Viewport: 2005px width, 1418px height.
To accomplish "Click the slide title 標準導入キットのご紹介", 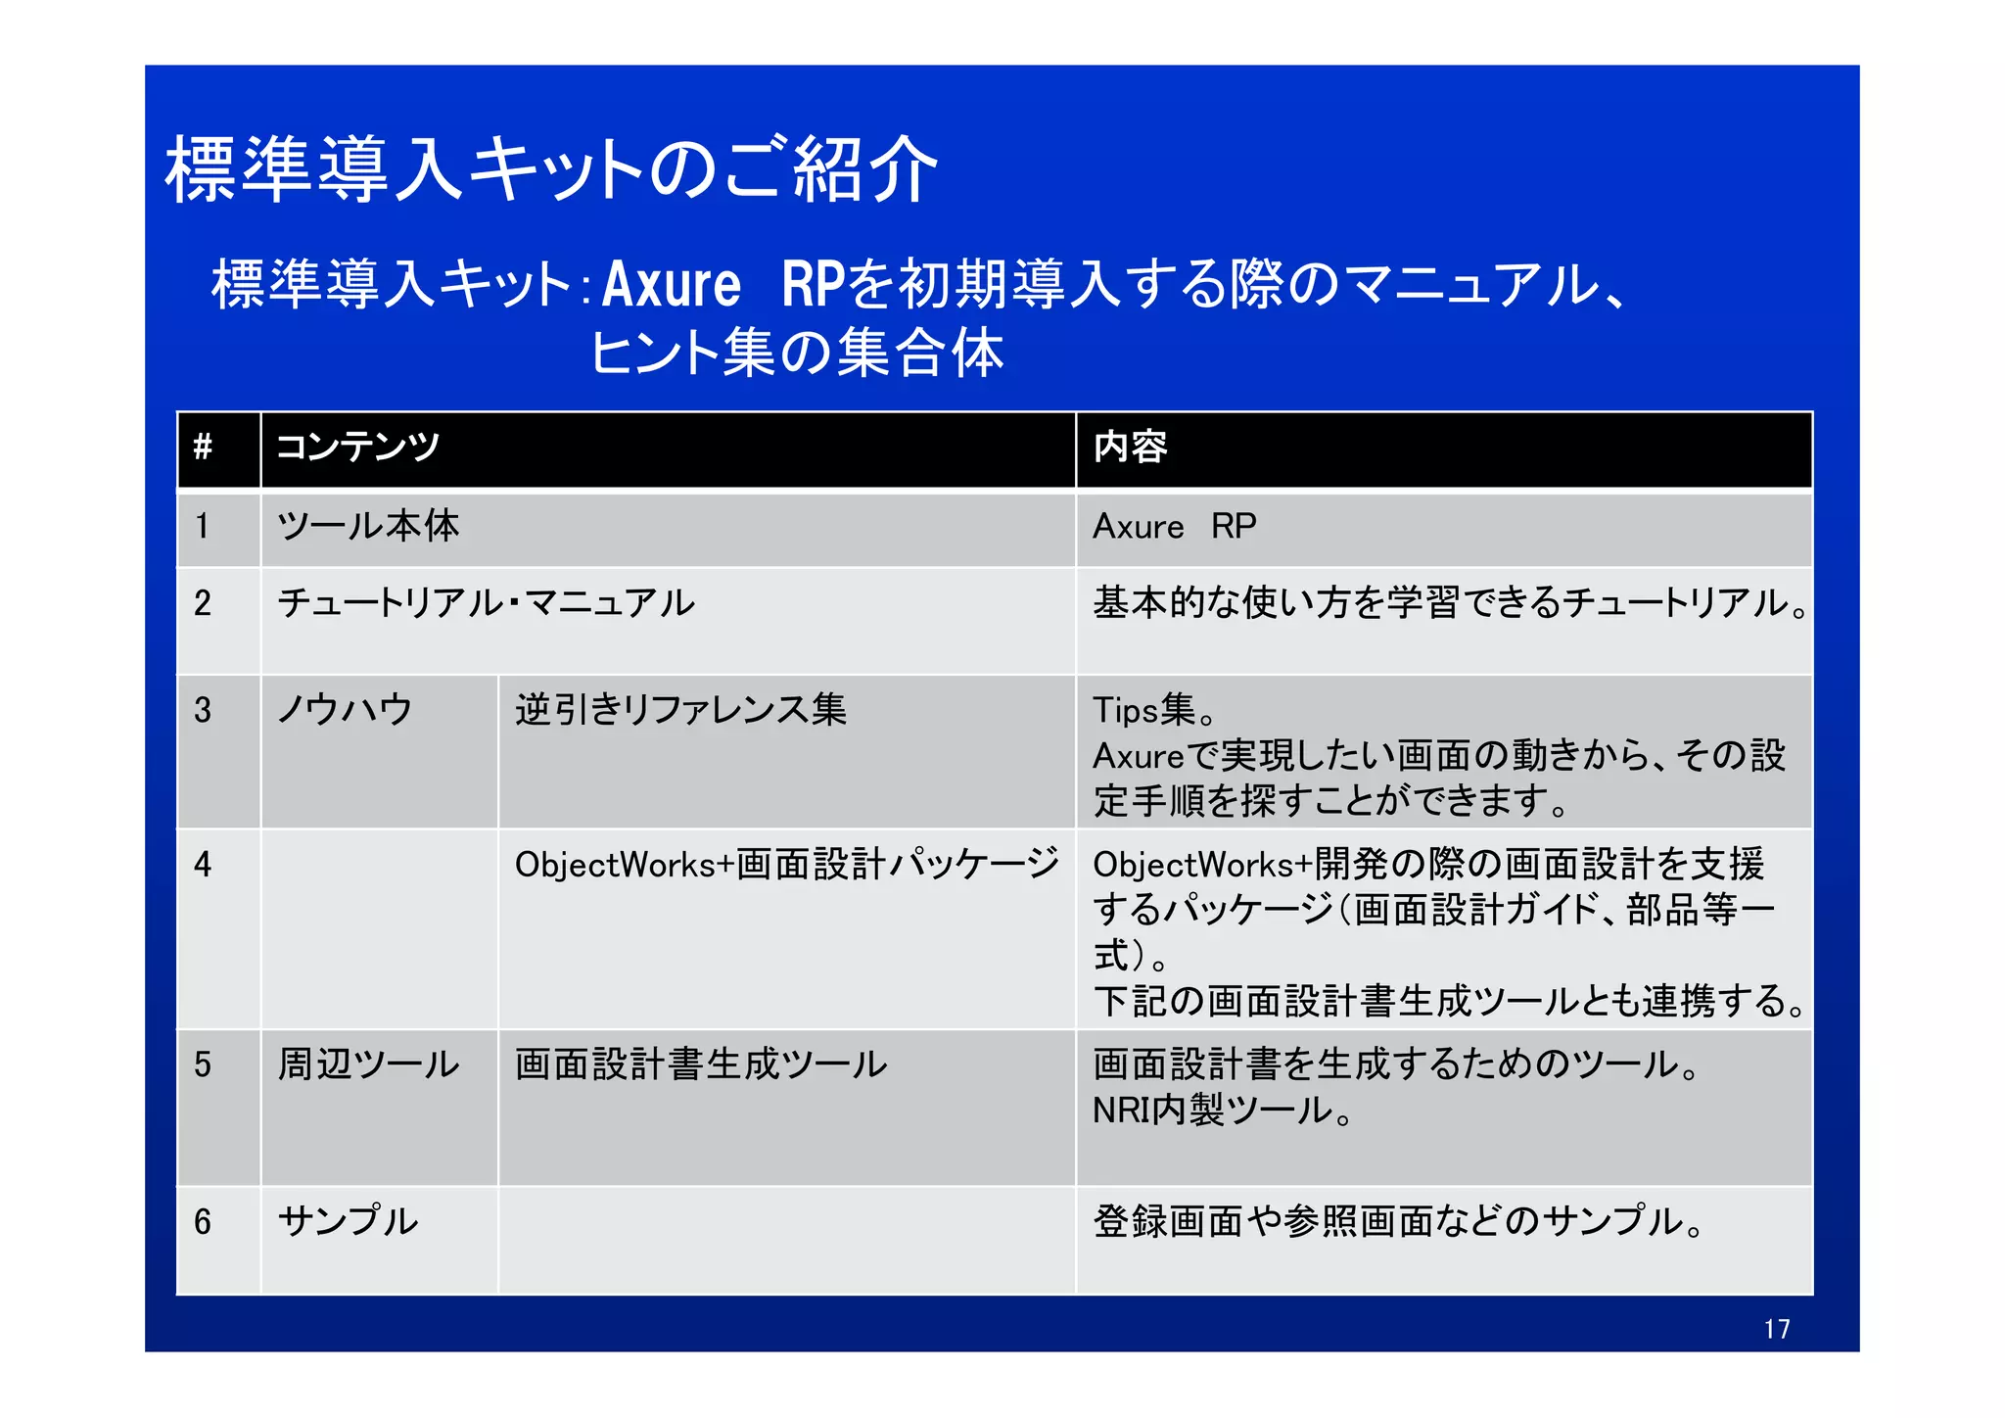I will [551, 170].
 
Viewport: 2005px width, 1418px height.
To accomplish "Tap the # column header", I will [203, 448].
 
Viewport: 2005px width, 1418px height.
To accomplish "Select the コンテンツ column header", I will [358, 448].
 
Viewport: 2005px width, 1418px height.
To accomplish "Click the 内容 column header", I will [1130, 448].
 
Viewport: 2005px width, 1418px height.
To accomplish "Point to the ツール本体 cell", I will [368, 527].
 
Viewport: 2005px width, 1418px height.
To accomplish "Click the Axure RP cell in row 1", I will [1174, 527].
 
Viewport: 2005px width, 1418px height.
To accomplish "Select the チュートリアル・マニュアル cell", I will [486, 603].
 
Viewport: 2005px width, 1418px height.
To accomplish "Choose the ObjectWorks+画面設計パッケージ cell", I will [786, 865].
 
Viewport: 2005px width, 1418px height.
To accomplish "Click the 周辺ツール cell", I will [368, 1064].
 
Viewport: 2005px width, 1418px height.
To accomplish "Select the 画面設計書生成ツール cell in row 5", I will [701, 1064].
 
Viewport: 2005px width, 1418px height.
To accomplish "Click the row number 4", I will [203, 865].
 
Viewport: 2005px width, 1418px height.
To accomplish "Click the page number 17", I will [1776, 1329].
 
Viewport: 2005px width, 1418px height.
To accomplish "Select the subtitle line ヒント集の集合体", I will [797, 354].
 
